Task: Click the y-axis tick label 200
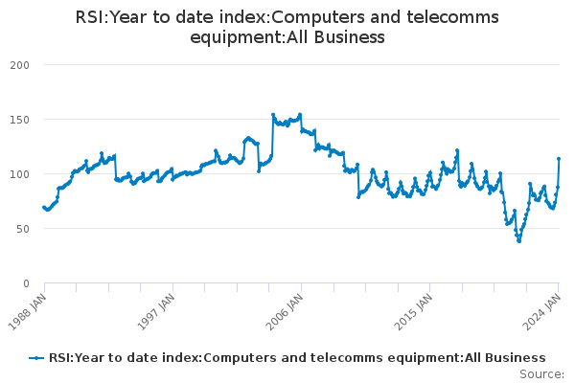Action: pos(18,65)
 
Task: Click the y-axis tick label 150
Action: pos(18,120)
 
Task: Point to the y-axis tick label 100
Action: pos(18,174)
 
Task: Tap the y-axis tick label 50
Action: pos(22,229)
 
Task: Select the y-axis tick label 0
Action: pos(26,283)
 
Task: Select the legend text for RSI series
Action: pos(297,358)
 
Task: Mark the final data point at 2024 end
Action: pos(559,159)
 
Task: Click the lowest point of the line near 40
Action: pos(519,240)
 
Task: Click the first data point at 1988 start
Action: pos(44,207)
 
